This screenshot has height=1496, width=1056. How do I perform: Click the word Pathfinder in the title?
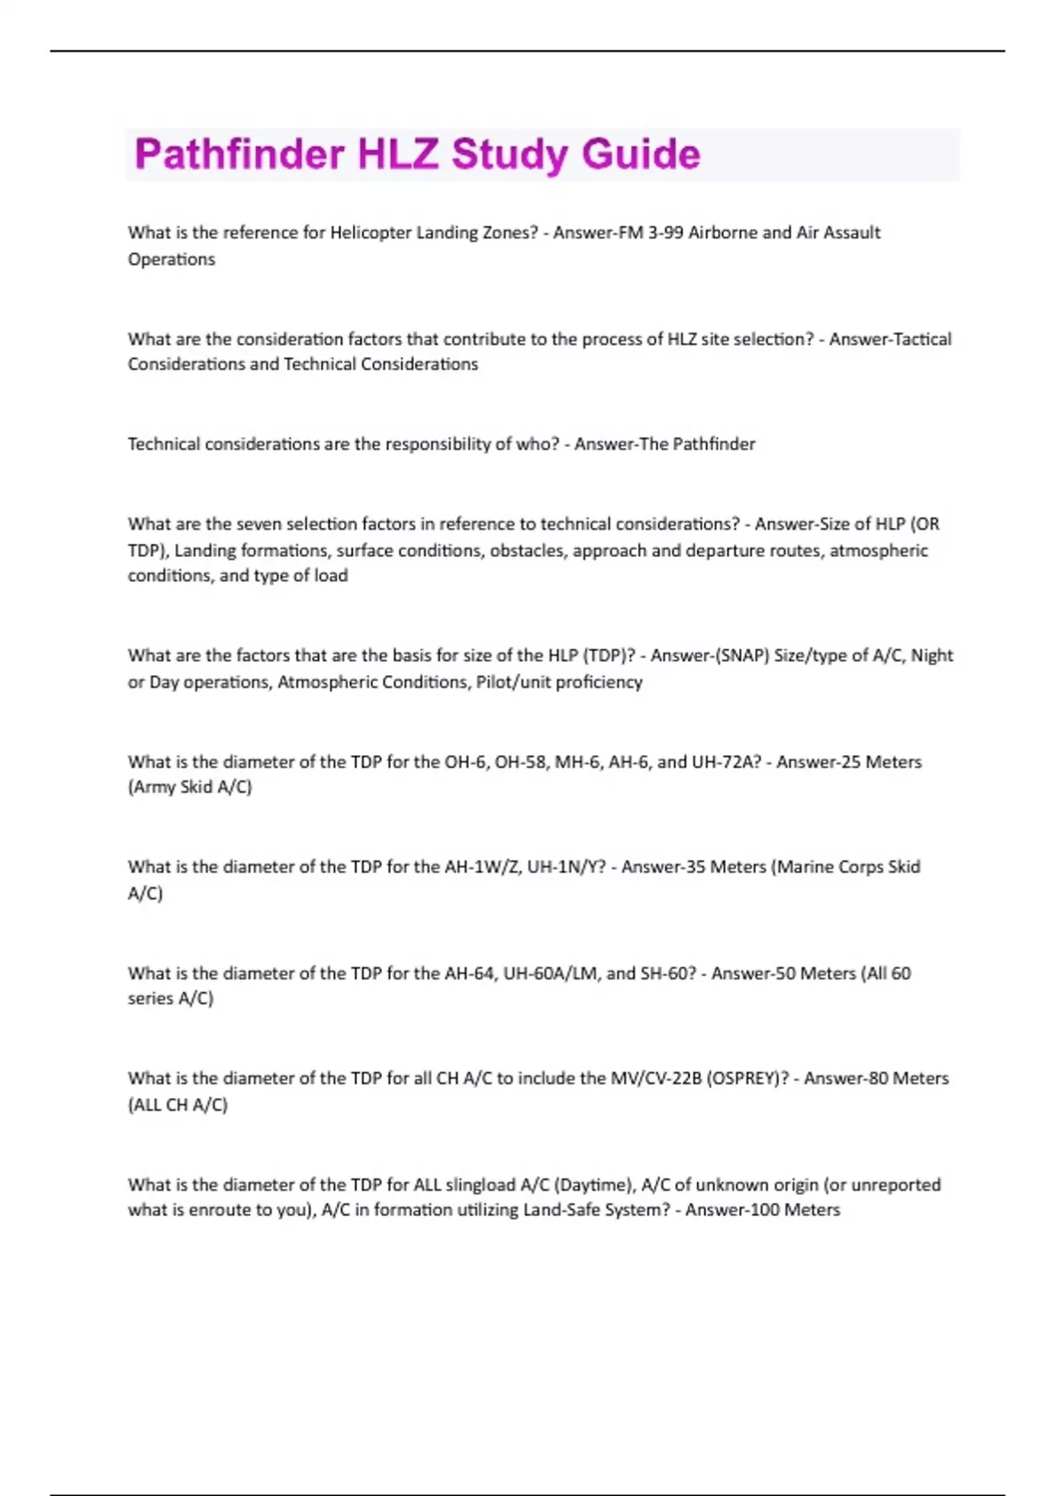pos(239,154)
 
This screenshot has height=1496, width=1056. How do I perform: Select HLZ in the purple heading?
pos(398,154)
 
